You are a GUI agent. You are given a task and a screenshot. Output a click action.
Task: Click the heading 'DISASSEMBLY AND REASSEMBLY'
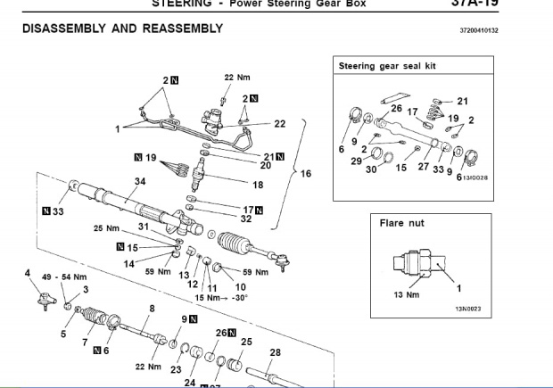(121, 29)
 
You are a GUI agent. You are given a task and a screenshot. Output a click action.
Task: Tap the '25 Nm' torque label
(106, 228)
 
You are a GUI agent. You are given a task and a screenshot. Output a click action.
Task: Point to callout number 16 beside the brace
(306, 173)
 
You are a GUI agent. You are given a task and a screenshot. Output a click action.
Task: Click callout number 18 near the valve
(258, 185)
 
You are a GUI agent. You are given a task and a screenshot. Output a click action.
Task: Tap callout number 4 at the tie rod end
(28, 273)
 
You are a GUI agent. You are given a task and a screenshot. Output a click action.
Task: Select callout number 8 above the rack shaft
(152, 308)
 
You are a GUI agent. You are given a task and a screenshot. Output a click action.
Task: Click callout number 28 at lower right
(275, 351)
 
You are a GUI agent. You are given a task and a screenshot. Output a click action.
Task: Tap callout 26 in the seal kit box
(396, 109)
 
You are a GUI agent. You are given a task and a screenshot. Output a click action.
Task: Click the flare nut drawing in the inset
(417, 264)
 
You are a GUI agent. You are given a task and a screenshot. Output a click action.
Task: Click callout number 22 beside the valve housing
(279, 124)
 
